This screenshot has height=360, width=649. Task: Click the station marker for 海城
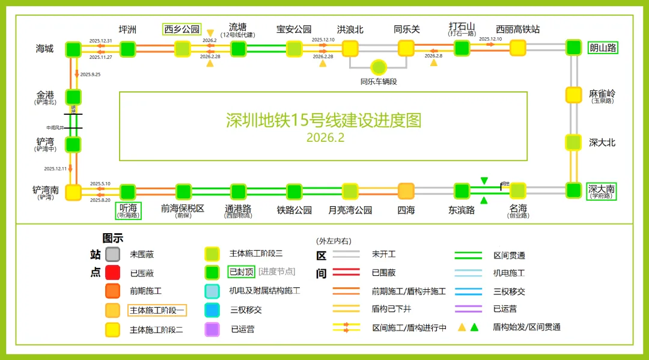click(x=73, y=49)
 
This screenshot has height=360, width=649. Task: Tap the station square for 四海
click(x=406, y=191)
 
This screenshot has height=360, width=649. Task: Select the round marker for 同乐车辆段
click(x=378, y=67)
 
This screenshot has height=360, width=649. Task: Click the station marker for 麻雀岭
click(x=574, y=95)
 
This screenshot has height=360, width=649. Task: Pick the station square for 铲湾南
click(x=73, y=192)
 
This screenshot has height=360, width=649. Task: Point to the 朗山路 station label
click(x=603, y=47)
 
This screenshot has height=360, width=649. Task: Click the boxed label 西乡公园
click(x=182, y=29)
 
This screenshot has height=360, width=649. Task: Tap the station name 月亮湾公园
click(x=350, y=210)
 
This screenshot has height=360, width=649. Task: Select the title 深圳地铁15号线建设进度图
click(x=323, y=120)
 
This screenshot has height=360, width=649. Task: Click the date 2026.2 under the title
click(x=325, y=138)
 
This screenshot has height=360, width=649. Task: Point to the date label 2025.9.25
click(x=90, y=75)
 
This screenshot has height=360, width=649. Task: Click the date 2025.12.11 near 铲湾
click(x=56, y=169)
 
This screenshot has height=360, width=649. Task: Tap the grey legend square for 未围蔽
click(x=112, y=255)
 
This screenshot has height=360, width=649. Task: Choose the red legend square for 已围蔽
click(x=112, y=273)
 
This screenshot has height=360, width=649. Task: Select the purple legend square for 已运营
click(x=212, y=329)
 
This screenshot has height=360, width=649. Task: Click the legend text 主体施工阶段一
click(x=157, y=311)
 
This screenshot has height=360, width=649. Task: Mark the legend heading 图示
click(x=113, y=239)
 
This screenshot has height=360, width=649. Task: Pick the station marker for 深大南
click(x=574, y=190)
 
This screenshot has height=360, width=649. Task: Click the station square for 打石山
click(x=462, y=49)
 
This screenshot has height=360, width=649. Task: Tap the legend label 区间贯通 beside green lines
click(x=509, y=255)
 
